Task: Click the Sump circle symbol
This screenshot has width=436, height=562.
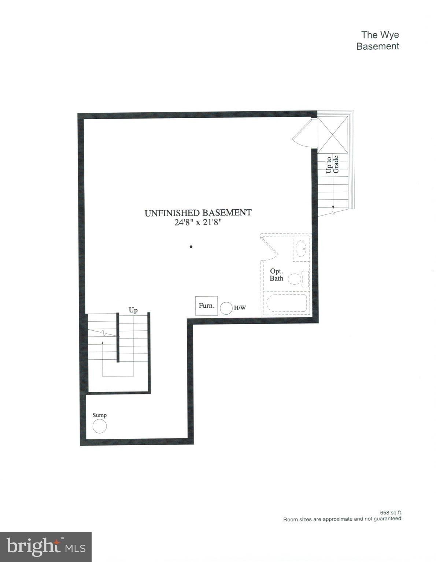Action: (99, 426)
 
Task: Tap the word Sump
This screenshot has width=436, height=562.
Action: (99, 415)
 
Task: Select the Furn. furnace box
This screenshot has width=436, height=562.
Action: (207, 306)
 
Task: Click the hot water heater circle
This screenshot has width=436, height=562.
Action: (226, 308)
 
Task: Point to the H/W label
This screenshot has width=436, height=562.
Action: (240, 308)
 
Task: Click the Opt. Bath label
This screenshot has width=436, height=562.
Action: (276, 274)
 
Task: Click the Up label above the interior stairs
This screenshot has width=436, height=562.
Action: (133, 310)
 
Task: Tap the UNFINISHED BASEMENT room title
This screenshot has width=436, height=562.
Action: (198, 213)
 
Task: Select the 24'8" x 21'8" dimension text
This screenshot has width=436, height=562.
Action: (198, 222)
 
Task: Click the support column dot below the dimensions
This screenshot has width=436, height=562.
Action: (191, 247)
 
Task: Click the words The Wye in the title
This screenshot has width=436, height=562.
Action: (380, 35)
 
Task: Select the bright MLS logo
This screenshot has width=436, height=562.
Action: (45, 547)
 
